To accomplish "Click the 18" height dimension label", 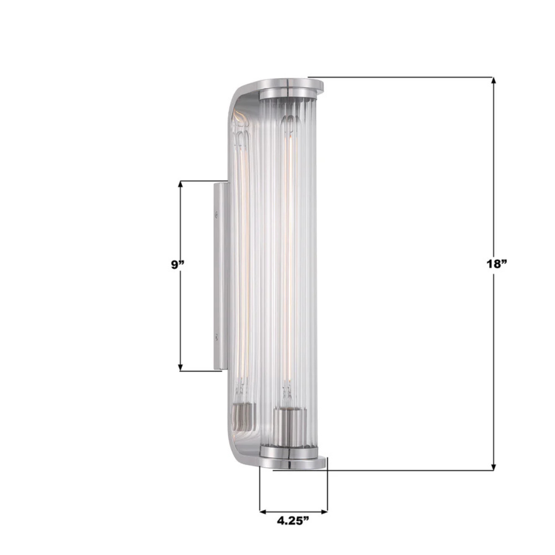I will [x=496, y=264].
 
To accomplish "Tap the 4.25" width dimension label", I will [x=293, y=521].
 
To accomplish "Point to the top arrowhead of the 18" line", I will [x=494, y=81].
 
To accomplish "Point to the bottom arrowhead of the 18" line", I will [x=494, y=467].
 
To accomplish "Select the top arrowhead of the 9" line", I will [x=180, y=184].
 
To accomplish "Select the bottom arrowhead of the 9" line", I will [x=180, y=367].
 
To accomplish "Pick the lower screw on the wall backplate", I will [x=218, y=337].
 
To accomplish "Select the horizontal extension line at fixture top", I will [x=401, y=77].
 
